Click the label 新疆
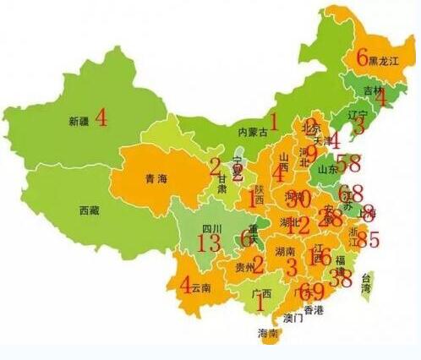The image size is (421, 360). tap(78, 122)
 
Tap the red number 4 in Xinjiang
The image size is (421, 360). tap(101, 117)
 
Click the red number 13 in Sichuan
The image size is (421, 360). tap(208, 243)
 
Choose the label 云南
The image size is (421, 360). tap(200, 288)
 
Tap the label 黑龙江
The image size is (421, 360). tap(385, 60)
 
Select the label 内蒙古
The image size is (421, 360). tap(253, 132)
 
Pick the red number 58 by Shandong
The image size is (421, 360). tap(349, 164)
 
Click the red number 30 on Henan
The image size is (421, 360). tap(298, 199)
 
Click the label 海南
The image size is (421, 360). tap(268, 332)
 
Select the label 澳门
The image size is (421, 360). tap(293, 319)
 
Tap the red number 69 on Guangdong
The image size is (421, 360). tap(311, 292)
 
